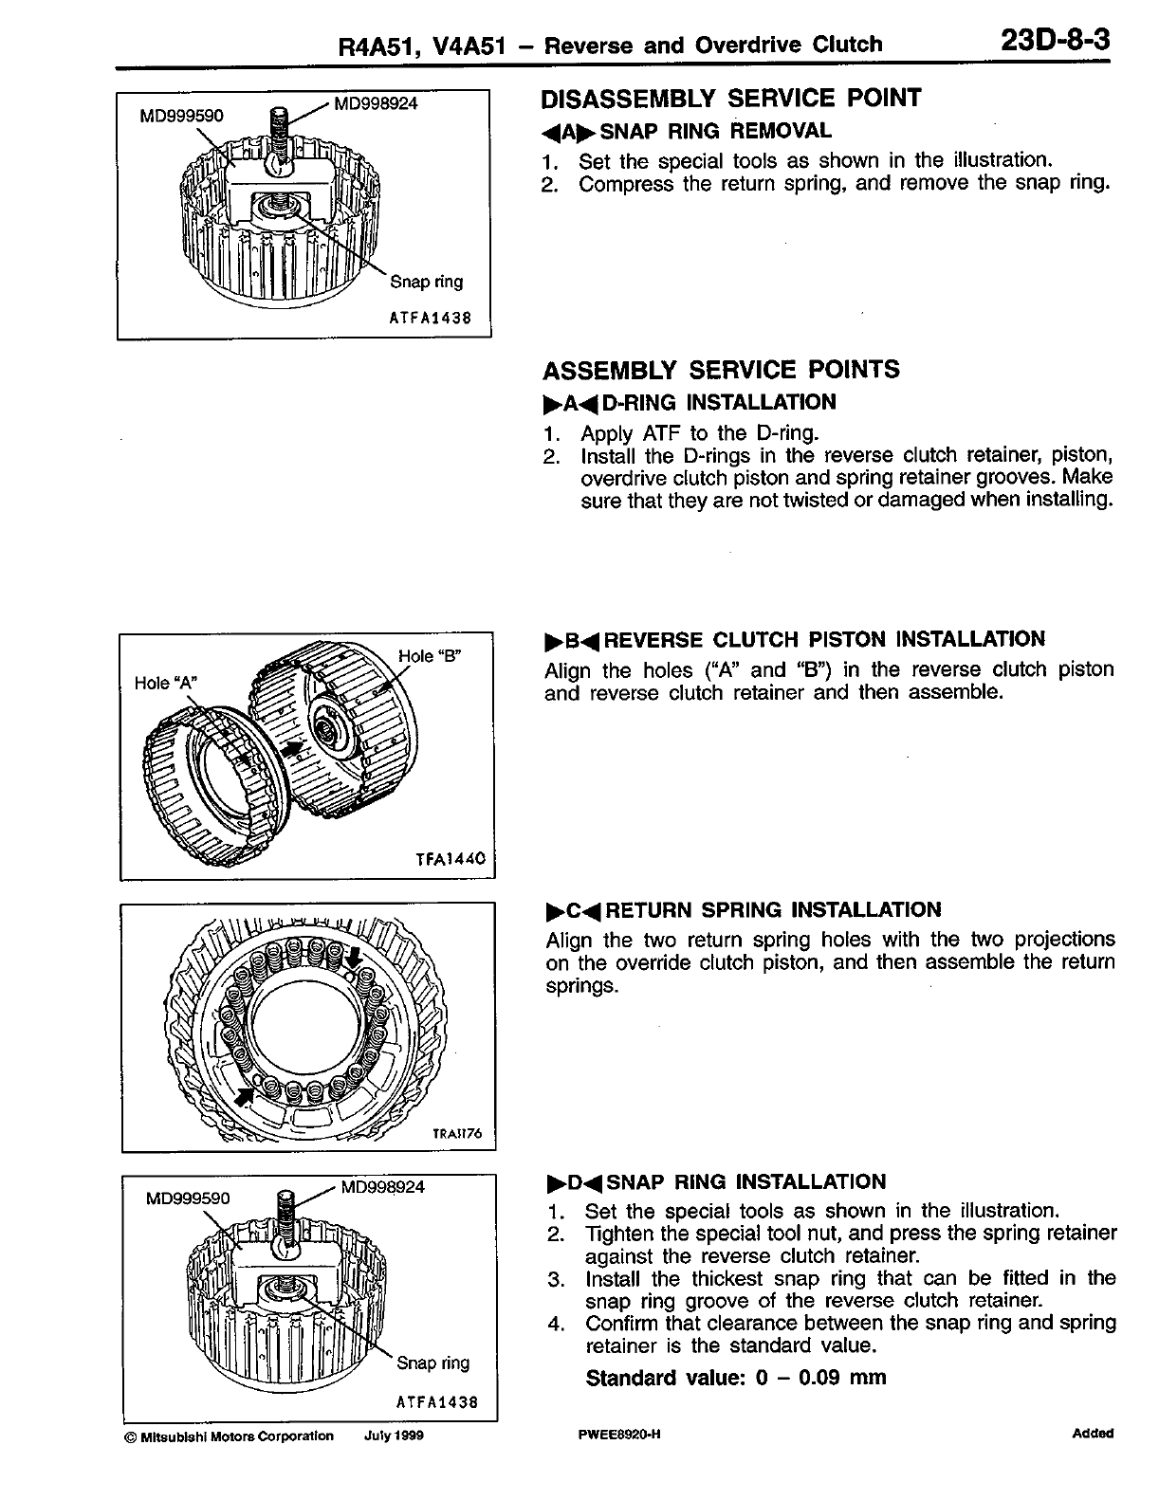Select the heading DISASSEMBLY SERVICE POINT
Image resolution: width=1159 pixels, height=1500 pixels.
[730, 99]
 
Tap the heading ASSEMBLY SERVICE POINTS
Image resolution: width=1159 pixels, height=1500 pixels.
[721, 370]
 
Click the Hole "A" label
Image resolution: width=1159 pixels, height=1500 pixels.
[165, 683]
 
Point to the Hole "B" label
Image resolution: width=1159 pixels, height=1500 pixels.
[429, 656]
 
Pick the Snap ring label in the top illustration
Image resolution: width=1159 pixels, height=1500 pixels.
[427, 282]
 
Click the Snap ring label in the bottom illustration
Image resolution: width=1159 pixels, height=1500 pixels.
[432, 1363]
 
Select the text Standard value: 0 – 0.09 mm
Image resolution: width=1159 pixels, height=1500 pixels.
[736, 1378]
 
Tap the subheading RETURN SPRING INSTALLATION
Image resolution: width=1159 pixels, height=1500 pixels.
[773, 910]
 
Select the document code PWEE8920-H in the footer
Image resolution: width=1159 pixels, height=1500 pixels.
[618, 1435]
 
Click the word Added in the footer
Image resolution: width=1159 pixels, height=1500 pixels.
[1093, 1434]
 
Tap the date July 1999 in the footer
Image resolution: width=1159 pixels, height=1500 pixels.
[394, 1436]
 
